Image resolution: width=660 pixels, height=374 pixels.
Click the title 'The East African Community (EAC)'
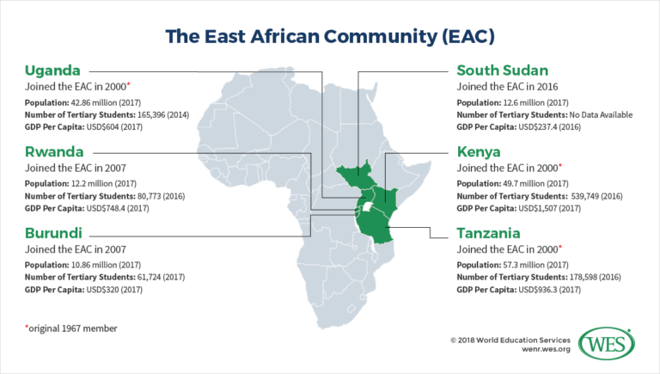330,37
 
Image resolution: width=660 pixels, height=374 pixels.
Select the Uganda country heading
54,70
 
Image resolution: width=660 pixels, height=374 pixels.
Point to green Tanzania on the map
377,225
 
